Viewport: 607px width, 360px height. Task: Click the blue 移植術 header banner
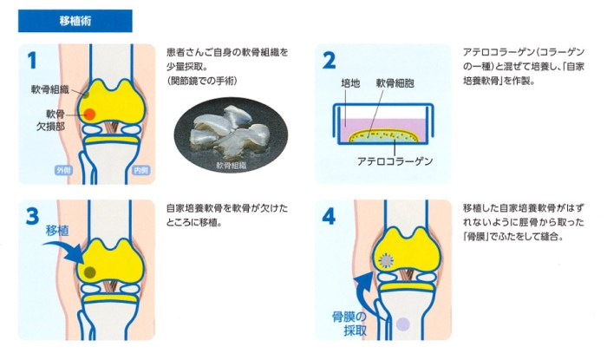75,21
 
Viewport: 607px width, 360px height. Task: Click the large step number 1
32,61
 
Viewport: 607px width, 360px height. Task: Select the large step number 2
329,61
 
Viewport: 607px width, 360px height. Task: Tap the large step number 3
33,216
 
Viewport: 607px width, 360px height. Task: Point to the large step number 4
329,216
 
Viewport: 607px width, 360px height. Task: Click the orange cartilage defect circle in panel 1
89,115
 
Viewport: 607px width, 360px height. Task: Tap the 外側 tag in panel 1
64,170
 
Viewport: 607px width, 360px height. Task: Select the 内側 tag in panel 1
140,170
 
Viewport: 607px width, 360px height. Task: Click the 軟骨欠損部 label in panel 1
50,120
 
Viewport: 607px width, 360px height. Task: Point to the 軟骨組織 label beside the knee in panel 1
50,89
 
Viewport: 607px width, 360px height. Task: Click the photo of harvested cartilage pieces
232,134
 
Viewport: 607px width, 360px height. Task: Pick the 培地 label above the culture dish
350,82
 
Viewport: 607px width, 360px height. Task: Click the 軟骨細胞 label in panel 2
395,82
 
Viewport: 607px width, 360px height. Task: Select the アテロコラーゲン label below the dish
395,160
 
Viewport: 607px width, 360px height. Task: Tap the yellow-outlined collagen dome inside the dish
383,136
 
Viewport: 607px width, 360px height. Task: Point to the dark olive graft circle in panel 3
90,272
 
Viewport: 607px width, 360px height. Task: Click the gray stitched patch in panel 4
386,261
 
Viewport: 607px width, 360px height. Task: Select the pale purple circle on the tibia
402,324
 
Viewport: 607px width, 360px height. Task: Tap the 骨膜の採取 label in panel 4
349,324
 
